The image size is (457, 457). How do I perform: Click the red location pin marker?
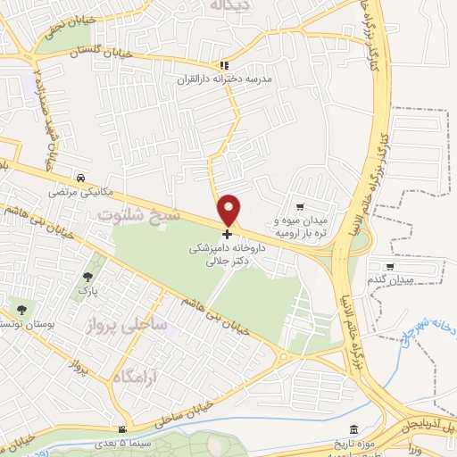229,210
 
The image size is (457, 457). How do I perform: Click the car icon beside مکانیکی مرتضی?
81,177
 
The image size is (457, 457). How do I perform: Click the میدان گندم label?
390,280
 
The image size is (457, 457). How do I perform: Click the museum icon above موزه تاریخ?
355,429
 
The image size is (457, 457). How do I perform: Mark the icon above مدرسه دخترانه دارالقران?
225,65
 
